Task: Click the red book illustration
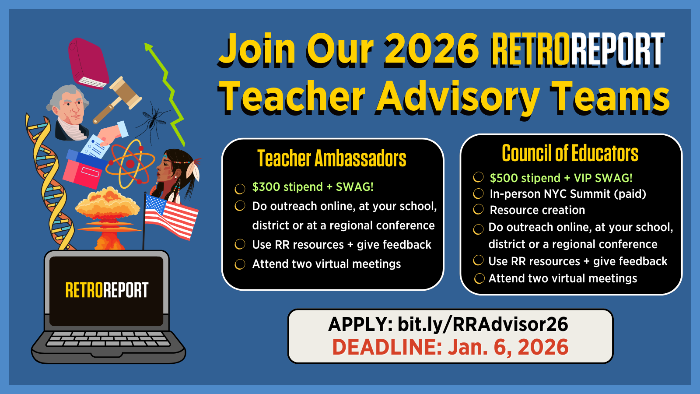tap(88, 63)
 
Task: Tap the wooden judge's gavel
tap(117, 99)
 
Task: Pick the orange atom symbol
tap(130, 164)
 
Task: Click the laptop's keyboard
tap(108, 339)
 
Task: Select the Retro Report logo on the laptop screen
tap(107, 290)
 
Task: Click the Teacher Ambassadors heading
tap(332, 158)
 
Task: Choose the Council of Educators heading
tap(570, 153)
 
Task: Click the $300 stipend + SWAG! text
tap(313, 187)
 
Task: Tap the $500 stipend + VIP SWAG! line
tap(561, 178)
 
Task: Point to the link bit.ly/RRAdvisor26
tap(483, 324)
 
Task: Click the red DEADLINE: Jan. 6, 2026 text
tap(450, 347)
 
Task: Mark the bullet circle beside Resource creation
tap(478, 209)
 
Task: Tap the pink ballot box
tap(85, 169)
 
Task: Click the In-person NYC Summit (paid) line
tap(568, 194)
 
